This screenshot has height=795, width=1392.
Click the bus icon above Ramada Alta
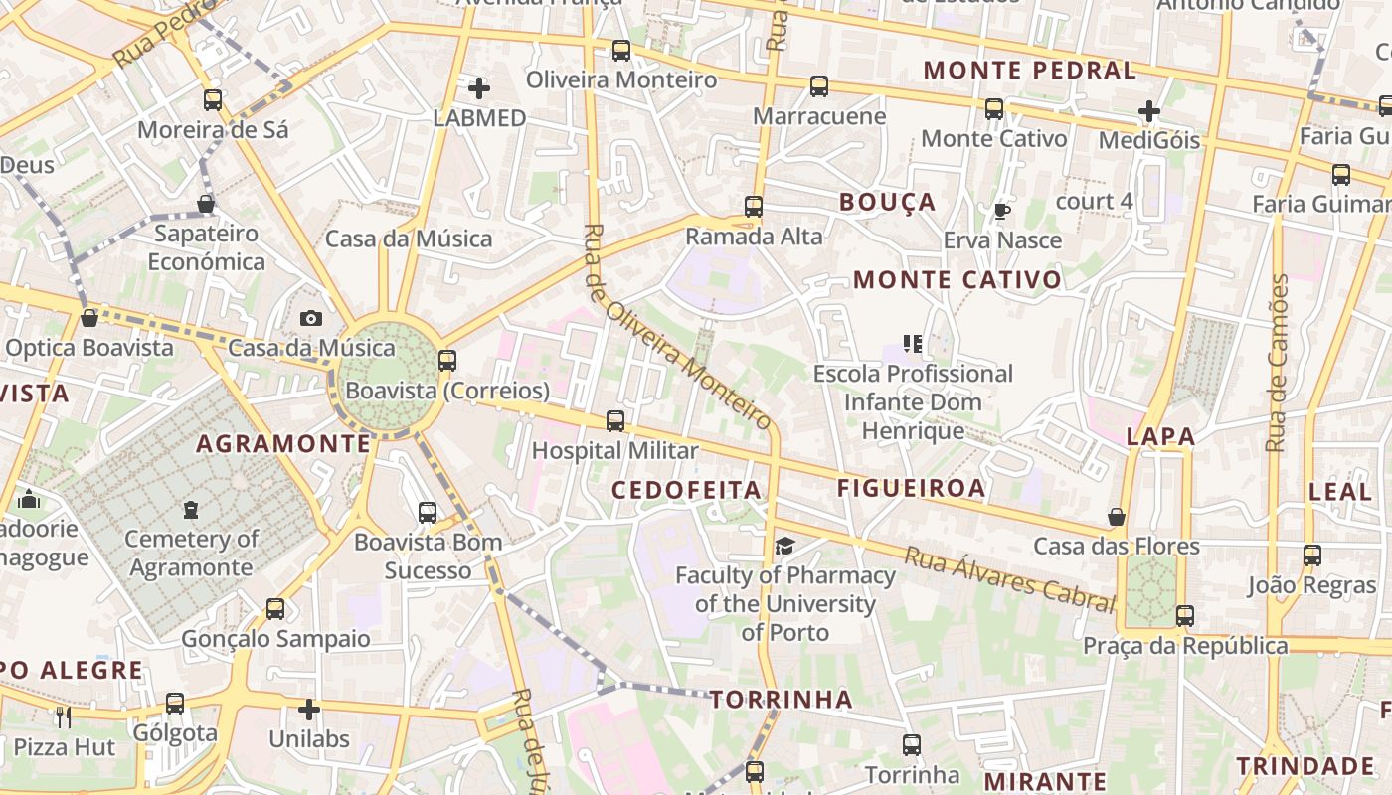click(x=754, y=207)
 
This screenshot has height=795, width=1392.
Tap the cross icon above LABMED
click(x=479, y=88)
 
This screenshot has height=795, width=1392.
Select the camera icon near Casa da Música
click(x=311, y=319)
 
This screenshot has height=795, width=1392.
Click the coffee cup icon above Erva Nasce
click(x=1001, y=212)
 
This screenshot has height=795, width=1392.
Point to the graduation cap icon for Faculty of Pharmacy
click(x=785, y=546)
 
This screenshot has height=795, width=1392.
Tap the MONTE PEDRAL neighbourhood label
click(x=1029, y=71)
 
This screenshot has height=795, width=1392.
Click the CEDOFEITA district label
click(x=686, y=490)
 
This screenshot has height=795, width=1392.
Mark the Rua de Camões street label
click(x=1278, y=363)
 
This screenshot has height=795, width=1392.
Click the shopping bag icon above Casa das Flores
click(x=1117, y=517)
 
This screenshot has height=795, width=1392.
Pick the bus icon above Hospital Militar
click(x=615, y=421)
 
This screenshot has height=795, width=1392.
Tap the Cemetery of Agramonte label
click(x=191, y=554)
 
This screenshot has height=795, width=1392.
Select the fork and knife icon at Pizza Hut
click(x=64, y=716)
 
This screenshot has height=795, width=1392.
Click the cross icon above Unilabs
click(x=309, y=710)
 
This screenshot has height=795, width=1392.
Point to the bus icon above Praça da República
click(x=1184, y=616)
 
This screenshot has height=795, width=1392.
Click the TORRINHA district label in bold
click(x=782, y=700)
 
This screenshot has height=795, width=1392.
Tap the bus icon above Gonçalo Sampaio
click(x=275, y=609)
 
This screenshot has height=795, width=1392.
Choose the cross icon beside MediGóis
click(x=1149, y=111)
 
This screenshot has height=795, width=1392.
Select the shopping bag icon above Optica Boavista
click(x=89, y=318)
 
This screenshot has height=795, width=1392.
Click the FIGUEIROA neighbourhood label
click(x=911, y=488)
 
